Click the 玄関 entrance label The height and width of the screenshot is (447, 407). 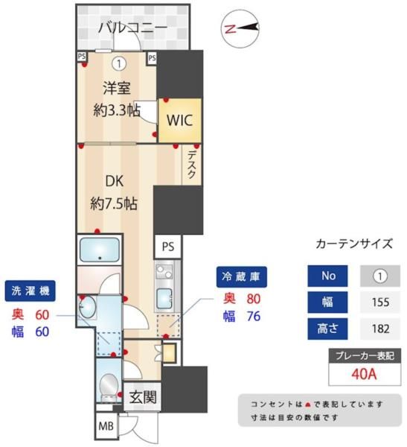[x=142, y=397]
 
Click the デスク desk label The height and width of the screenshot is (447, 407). [x=191, y=163]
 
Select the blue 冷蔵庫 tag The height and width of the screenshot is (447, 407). [x=241, y=277]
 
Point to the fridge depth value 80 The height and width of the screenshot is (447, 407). [x=254, y=299]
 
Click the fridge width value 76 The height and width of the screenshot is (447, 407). [x=254, y=317]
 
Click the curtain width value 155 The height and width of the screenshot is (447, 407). [x=380, y=302]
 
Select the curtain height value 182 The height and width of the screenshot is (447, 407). [x=380, y=328]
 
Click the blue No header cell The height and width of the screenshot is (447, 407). [x=328, y=276]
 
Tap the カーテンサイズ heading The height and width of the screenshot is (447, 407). [x=354, y=243]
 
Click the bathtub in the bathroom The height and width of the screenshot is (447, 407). [x=100, y=250]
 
